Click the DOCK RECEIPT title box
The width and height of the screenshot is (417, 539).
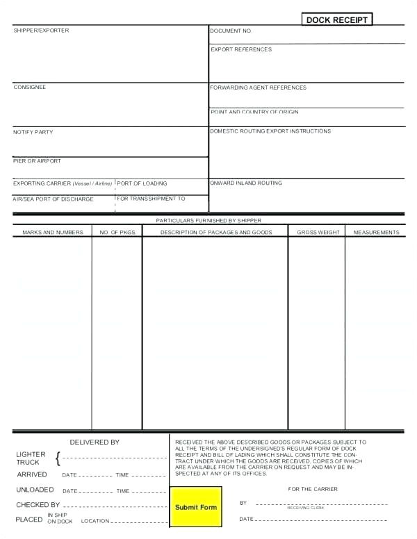coord(337,19)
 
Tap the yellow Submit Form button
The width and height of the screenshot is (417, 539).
coord(196,507)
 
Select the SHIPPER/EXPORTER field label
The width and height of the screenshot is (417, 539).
coord(41,31)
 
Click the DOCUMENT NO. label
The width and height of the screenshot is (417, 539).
coord(231,31)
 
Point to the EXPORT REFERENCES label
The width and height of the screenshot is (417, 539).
coord(241,49)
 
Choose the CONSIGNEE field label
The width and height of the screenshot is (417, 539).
coord(30,87)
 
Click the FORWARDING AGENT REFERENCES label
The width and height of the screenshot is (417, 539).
coord(258,88)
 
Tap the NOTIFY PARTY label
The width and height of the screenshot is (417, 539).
coord(33,132)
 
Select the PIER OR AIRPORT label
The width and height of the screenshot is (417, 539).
coord(37,160)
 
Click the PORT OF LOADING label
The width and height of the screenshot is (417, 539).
coord(142,183)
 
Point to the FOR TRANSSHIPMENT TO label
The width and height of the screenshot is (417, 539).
coord(151,199)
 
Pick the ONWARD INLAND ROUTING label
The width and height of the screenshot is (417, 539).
coord(246,183)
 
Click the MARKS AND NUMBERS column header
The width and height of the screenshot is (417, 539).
coord(53,232)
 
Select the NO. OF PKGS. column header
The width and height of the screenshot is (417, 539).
coord(117,232)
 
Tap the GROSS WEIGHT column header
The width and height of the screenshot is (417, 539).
coord(318,232)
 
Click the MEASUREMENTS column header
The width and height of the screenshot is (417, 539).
coord(376,232)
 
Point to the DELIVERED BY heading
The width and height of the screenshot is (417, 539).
coord(95,442)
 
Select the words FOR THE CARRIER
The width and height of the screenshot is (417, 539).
coord(313,489)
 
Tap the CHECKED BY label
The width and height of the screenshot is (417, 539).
coord(38,505)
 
